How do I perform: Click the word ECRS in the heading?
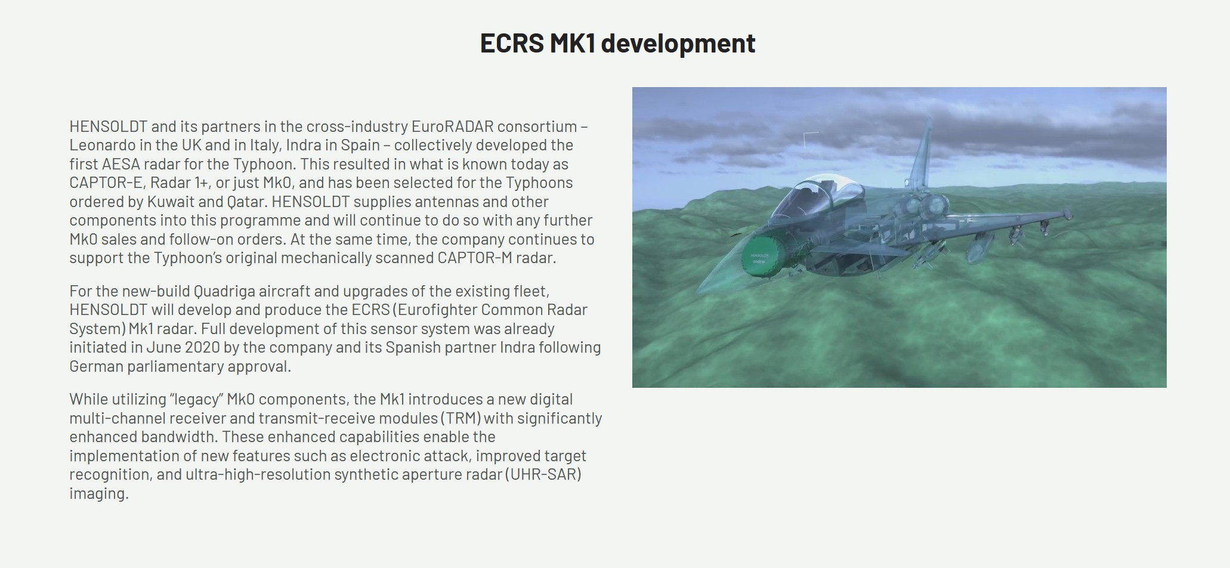coord(512,43)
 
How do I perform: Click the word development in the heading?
coord(678,44)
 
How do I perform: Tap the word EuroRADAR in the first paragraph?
coord(453,126)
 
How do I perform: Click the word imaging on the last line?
coord(99,494)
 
